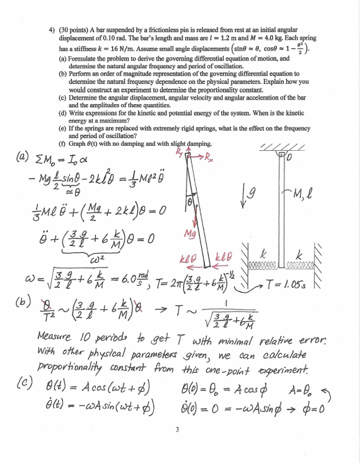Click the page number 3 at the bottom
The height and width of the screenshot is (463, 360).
[x=180, y=432]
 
